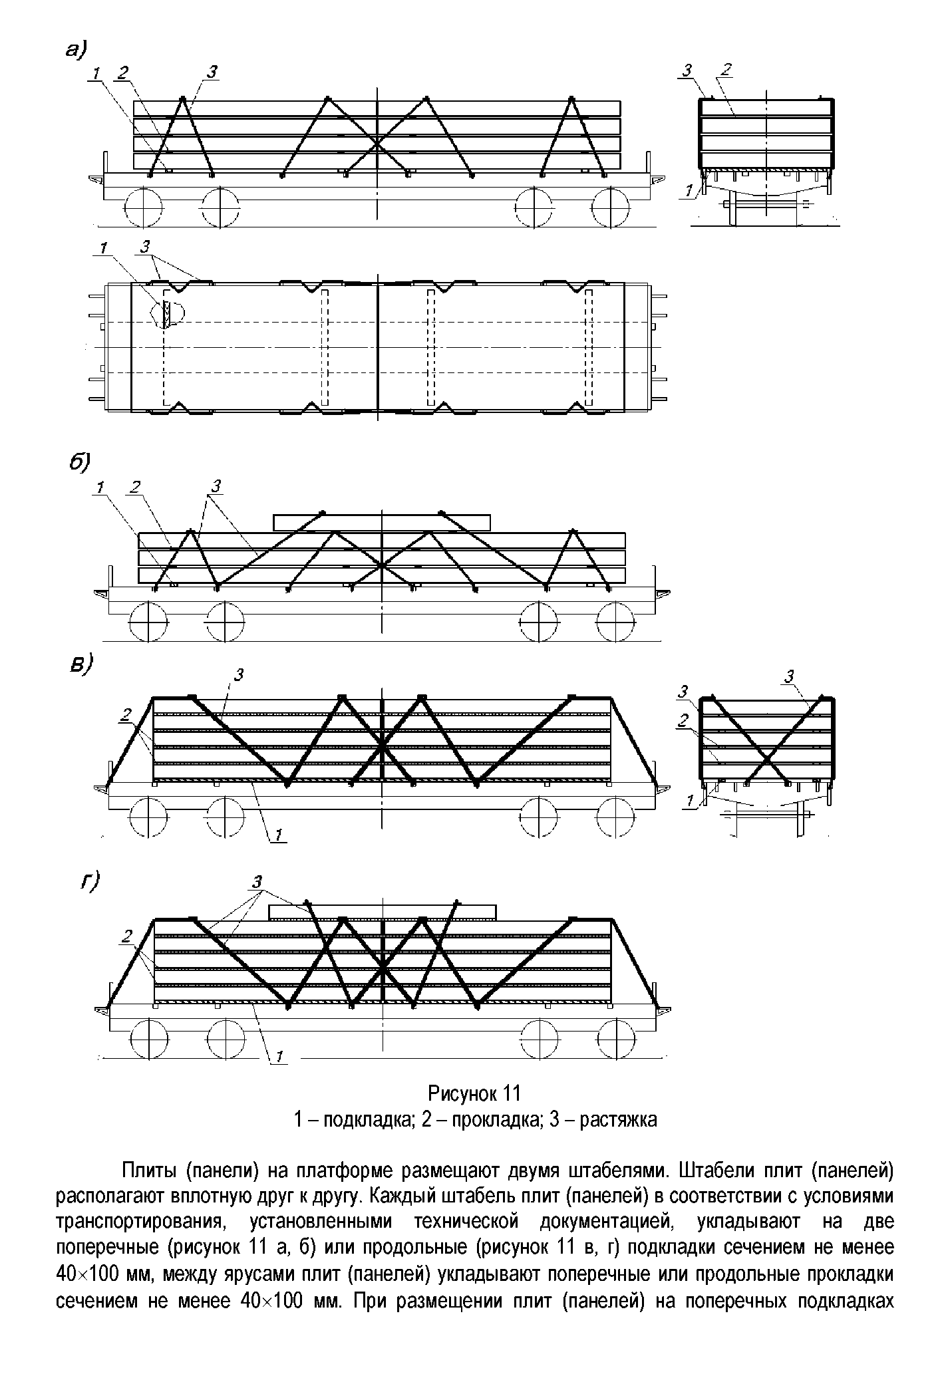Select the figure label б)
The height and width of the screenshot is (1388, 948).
pos(79,463)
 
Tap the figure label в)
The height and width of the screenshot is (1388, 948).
pos(82,666)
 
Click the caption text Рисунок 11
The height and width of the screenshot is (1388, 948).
pos(474,1093)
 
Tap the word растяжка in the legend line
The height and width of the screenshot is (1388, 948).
pos(618,1120)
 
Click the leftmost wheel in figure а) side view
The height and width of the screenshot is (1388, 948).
pos(143,207)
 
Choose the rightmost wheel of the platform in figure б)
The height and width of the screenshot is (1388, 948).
pos(616,622)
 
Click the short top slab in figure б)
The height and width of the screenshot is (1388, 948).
pos(382,522)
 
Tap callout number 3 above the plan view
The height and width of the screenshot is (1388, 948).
pos(145,247)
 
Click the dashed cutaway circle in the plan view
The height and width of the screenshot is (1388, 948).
pos(168,313)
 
